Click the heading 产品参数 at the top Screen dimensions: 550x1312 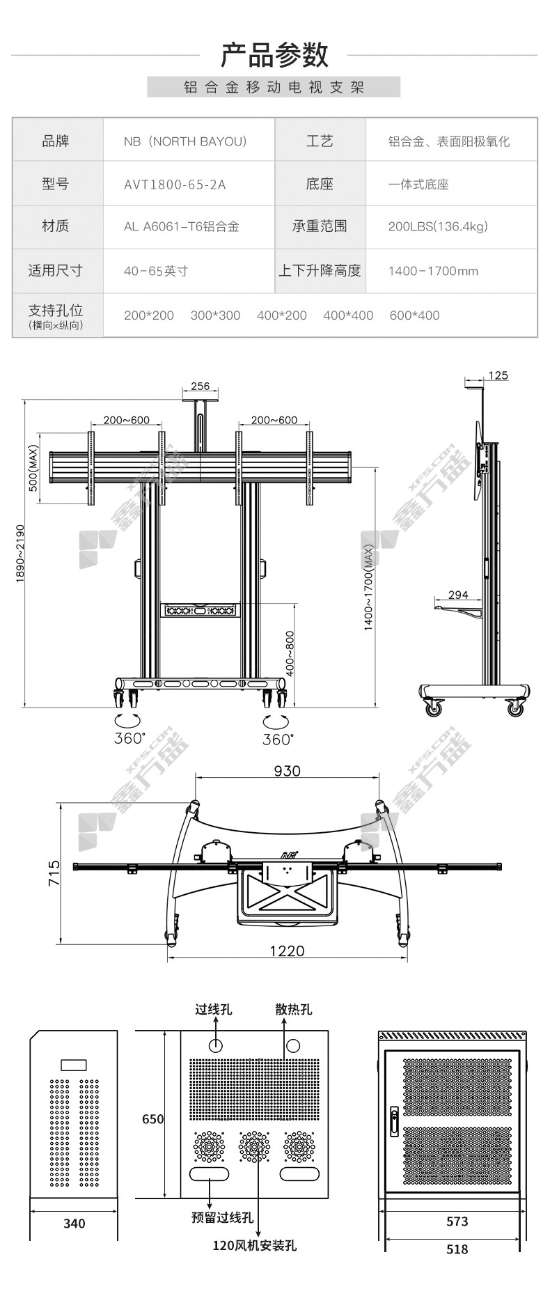[x=274, y=55]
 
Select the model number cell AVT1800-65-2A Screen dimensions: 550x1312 [x=175, y=185]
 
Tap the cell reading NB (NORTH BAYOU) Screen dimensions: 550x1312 [x=185, y=141]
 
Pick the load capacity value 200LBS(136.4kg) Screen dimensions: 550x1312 [x=438, y=226]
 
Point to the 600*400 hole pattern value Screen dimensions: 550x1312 [x=414, y=315]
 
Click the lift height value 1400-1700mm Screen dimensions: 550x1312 [x=433, y=271]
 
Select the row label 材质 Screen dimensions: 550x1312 [x=56, y=226]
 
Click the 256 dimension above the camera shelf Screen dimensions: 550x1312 [x=200, y=386]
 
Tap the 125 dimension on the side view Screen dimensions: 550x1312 [x=498, y=375]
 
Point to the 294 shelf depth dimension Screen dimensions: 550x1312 [x=458, y=595]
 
